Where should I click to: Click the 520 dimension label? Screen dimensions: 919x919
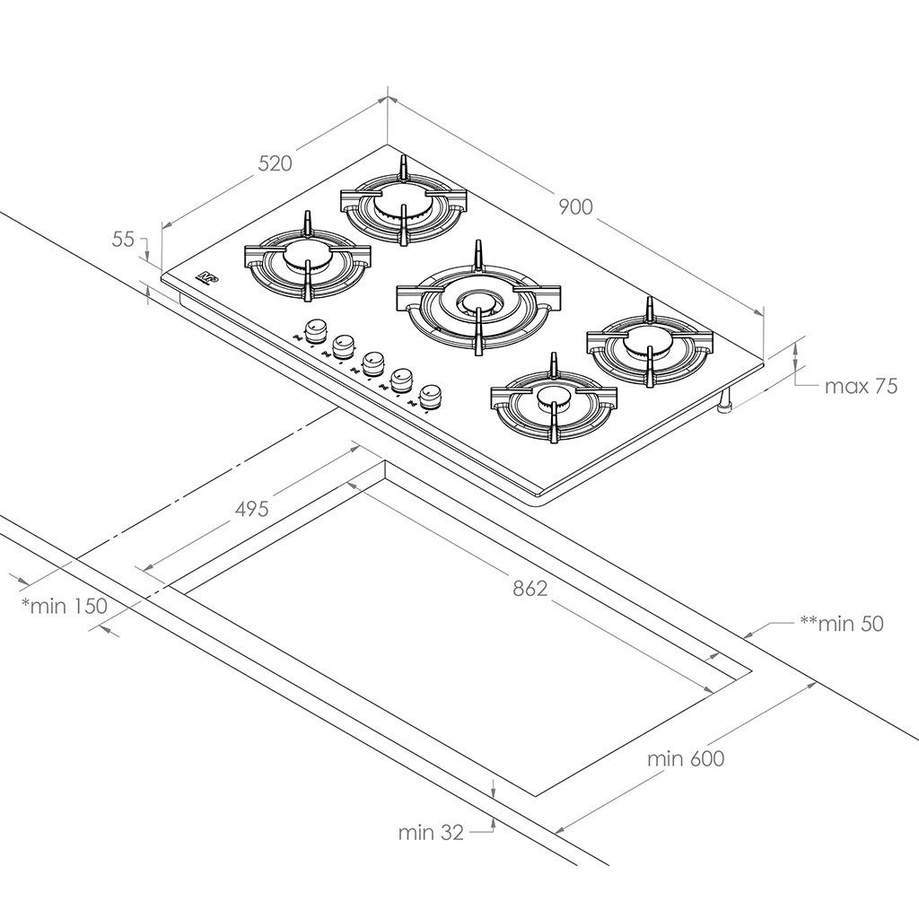(275, 163)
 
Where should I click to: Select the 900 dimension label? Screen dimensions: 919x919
(575, 207)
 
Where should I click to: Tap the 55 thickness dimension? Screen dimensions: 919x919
(123, 239)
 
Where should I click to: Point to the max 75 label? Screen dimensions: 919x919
(861, 386)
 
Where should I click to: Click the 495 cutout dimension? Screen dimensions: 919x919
(252, 509)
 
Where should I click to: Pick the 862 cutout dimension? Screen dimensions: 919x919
(530, 589)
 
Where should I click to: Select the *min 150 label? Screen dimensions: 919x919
(65, 606)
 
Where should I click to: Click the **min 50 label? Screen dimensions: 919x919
(842, 623)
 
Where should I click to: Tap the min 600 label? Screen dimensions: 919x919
(686, 758)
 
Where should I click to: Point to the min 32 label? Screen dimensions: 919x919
(431, 832)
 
